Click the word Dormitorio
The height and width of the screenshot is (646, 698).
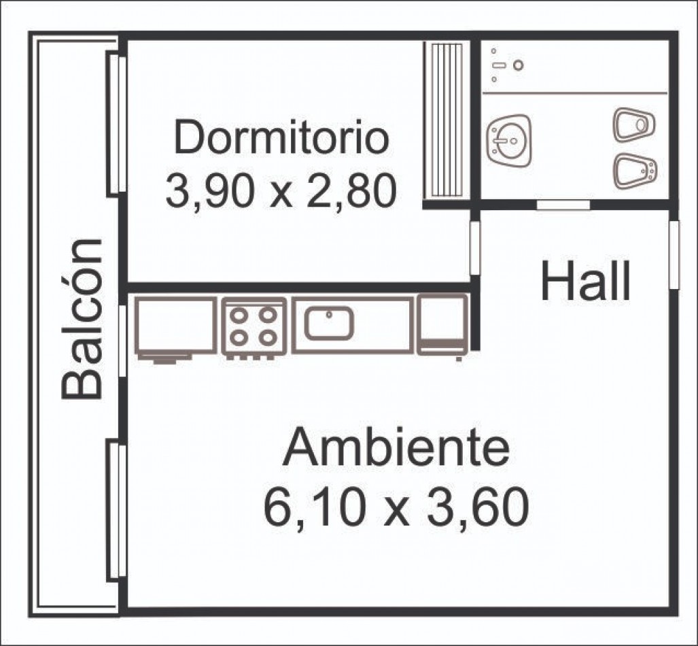point(282,137)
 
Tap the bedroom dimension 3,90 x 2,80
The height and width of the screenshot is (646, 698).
point(281,191)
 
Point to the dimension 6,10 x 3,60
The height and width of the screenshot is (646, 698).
point(396,507)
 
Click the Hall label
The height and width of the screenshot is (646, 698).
point(586,281)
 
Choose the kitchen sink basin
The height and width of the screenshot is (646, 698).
point(330,322)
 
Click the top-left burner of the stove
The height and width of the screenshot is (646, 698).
point(239,316)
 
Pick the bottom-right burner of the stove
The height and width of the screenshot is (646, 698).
point(268,338)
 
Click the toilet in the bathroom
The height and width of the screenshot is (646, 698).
point(634,124)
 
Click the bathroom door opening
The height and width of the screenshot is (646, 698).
point(563,205)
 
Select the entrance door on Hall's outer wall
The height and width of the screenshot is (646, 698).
point(674,254)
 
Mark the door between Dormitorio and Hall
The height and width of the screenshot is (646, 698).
point(476,248)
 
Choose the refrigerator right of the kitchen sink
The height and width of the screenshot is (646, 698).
point(443,324)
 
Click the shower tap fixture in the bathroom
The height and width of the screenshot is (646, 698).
point(506,65)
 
